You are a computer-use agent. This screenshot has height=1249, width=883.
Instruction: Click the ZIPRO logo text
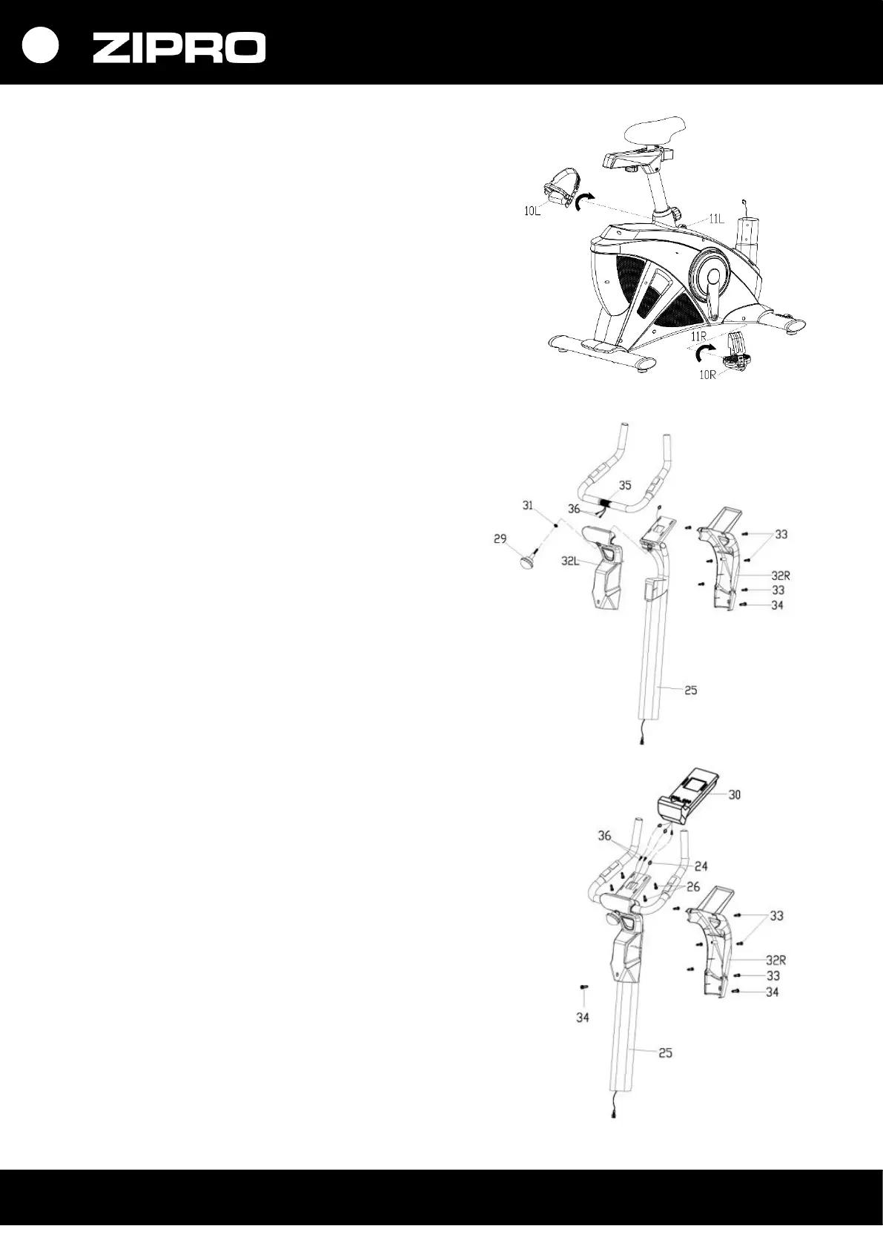pos(179,48)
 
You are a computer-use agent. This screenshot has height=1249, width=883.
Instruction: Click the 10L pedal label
pos(533,211)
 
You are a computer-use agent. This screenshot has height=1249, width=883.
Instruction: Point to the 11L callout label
pos(715,219)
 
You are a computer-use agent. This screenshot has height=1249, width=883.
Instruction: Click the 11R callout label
pos(698,336)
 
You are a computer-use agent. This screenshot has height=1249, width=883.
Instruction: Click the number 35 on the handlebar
pos(625,486)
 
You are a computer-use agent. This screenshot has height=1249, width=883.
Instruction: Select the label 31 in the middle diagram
pos(528,505)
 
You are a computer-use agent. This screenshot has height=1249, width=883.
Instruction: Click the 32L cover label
pos(570,561)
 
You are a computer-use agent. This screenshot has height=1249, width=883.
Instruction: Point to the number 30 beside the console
pos(734,795)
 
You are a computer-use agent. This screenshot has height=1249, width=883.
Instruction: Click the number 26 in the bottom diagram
pos(693,886)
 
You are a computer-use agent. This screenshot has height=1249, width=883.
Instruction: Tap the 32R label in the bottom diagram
pos(775,959)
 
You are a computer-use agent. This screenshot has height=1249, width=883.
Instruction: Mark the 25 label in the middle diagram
pos(690,691)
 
